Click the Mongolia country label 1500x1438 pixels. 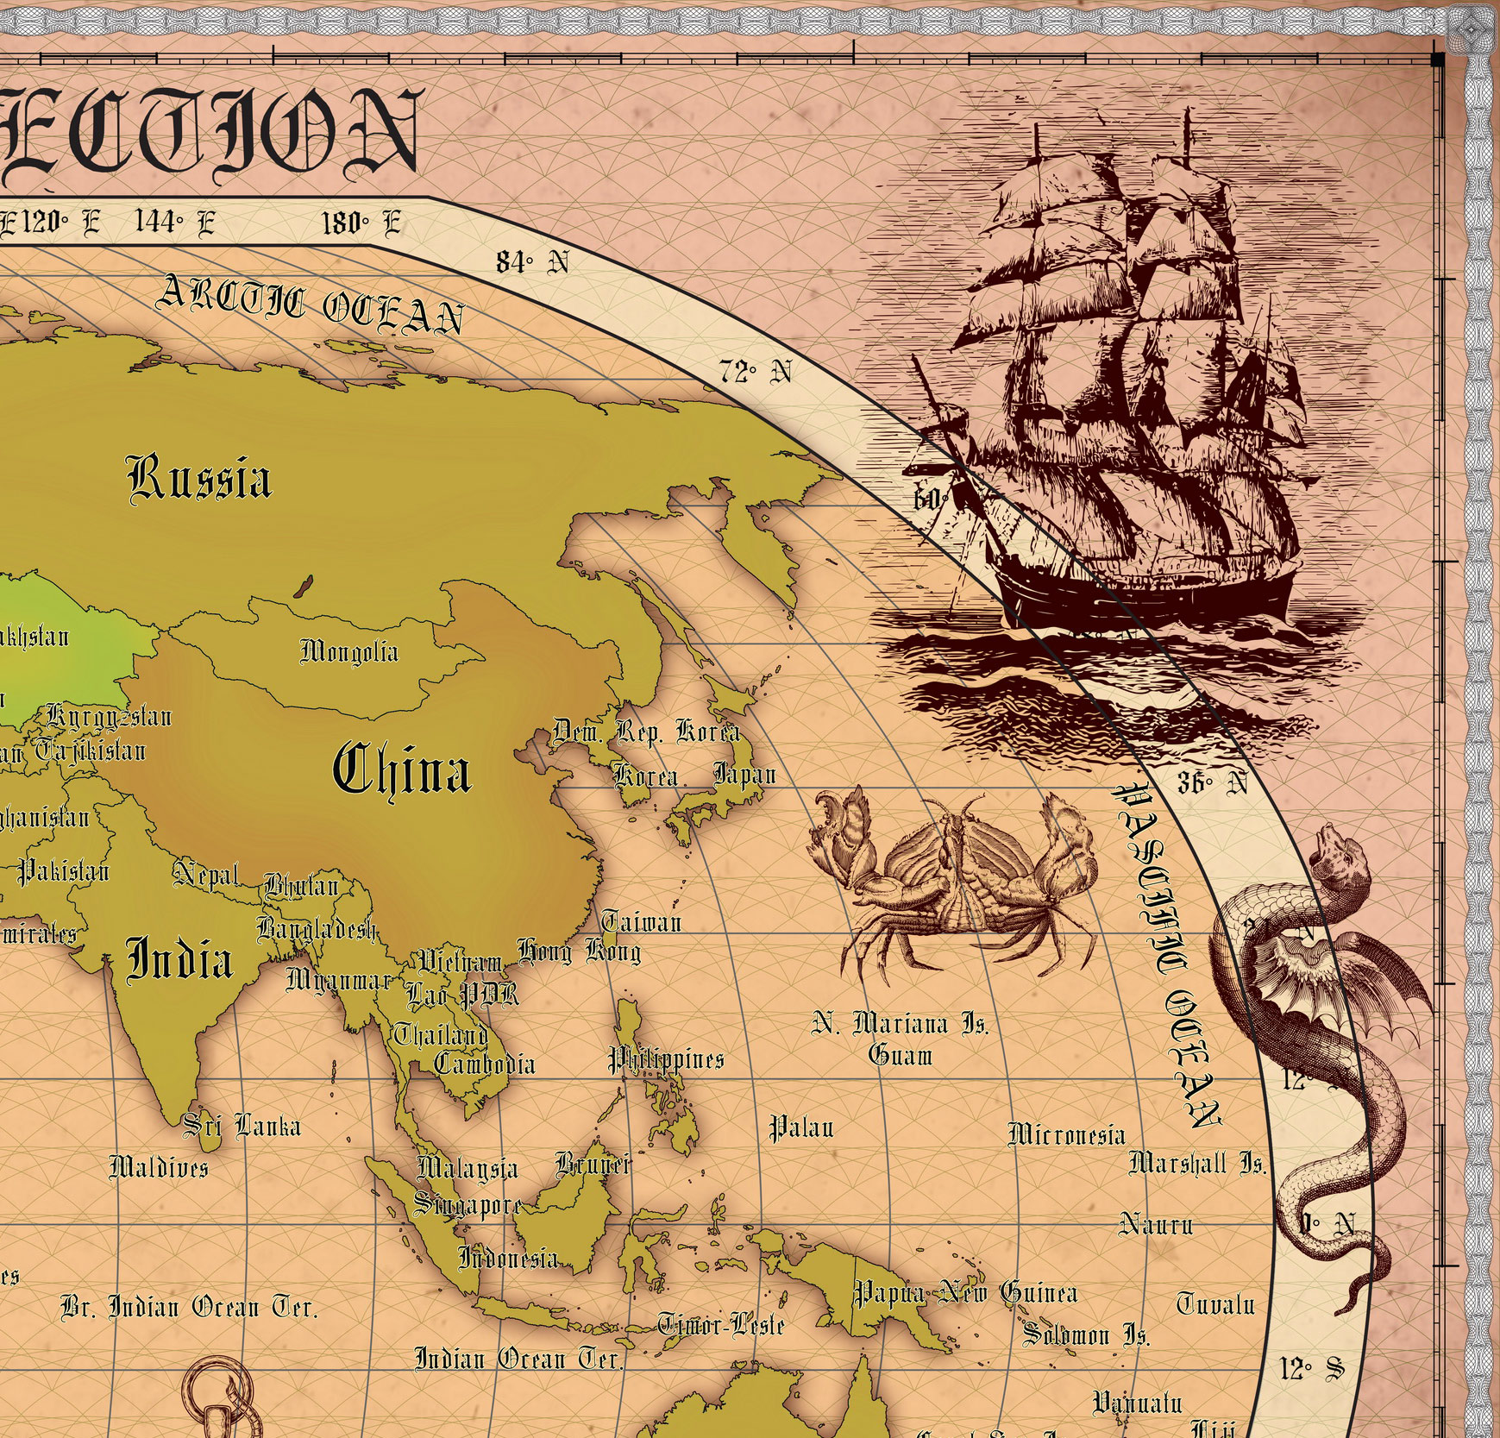[349, 651]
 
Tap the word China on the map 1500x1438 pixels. [402, 770]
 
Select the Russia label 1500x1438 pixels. [199, 479]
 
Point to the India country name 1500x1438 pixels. [179, 959]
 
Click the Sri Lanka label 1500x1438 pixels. [242, 1125]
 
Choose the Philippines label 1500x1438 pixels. [666, 1059]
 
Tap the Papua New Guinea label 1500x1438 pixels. [965, 1292]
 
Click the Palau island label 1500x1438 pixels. [801, 1127]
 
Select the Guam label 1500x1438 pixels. [901, 1055]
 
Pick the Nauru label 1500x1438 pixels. [1156, 1223]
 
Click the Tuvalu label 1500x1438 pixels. [1215, 1303]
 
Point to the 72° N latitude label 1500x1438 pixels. [756, 372]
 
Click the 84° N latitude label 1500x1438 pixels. [532, 261]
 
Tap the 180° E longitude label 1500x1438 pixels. [361, 223]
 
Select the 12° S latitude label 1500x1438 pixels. [1311, 1368]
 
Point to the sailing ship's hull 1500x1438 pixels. [1147, 595]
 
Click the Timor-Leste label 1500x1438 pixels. [721, 1323]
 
